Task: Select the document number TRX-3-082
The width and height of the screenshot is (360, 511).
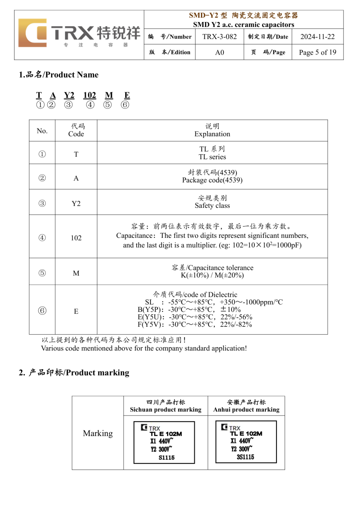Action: [x=219, y=37]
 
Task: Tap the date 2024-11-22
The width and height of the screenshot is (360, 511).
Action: [x=317, y=37]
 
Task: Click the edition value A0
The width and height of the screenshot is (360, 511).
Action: [x=219, y=52]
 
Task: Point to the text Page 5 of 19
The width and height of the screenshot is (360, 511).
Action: [x=317, y=52]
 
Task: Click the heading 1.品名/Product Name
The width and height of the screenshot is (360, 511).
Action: [x=59, y=75]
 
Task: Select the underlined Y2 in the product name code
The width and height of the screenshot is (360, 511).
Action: [x=69, y=95]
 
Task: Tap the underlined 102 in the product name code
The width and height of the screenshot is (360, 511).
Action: [x=90, y=95]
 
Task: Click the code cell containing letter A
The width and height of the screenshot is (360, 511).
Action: [x=76, y=178]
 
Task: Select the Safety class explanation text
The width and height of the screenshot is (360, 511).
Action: [x=212, y=206]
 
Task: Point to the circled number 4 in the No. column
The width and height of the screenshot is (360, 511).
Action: [x=42, y=238]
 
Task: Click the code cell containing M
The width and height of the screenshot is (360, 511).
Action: [x=76, y=273]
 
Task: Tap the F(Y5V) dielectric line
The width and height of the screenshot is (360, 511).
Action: [x=195, y=324]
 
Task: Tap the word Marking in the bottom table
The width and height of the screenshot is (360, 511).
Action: [x=98, y=433]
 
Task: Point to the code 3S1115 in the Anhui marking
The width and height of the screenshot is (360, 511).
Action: [x=245, y=457]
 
